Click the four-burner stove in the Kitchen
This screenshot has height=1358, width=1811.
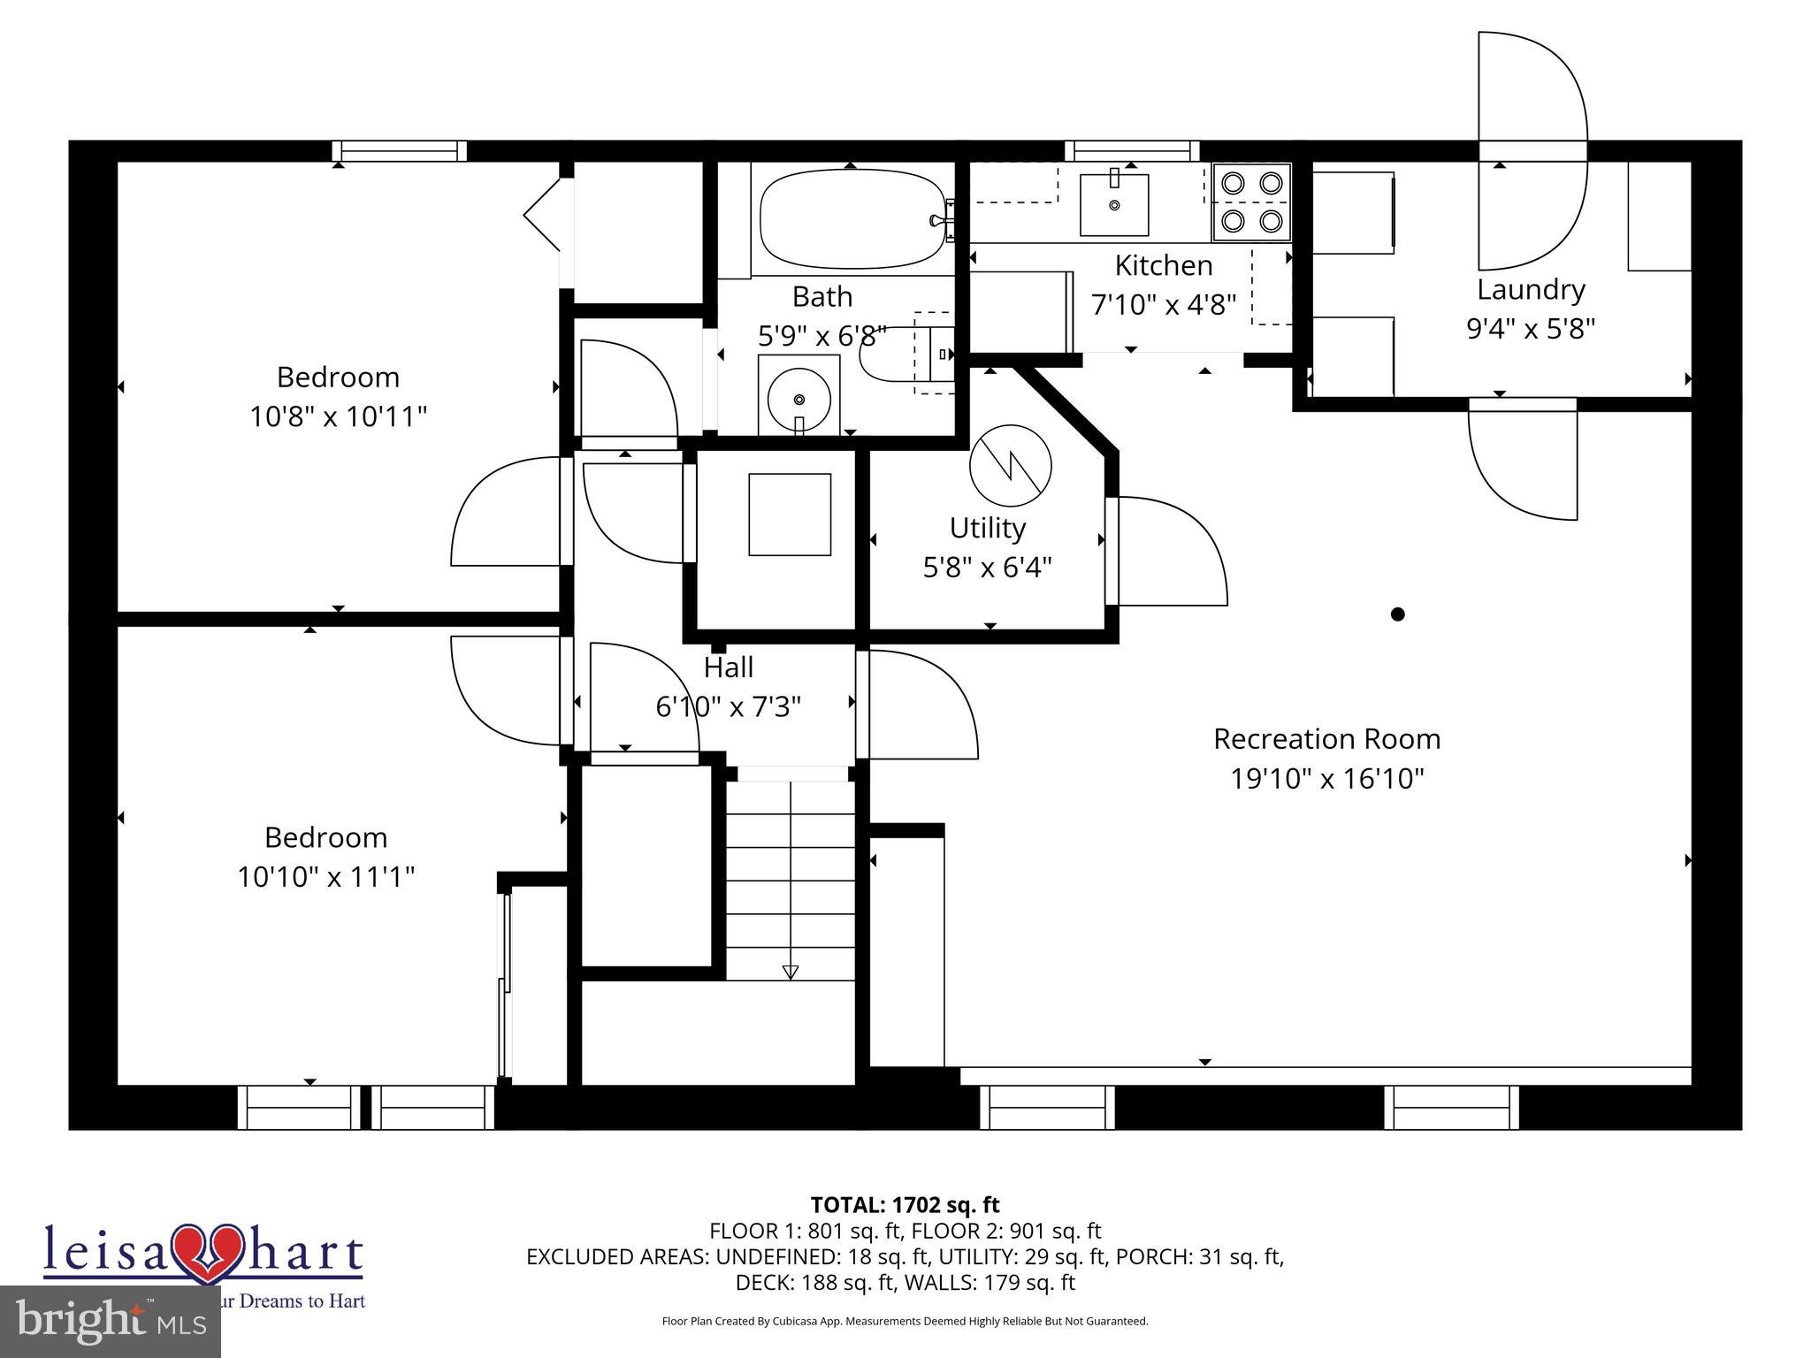1251,202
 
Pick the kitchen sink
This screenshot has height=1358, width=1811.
1114,204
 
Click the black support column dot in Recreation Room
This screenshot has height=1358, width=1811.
1397,614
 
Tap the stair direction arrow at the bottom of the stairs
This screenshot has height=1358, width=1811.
791,972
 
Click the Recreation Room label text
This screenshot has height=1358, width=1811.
1326,738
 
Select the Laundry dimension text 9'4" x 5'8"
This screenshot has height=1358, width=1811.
1531,329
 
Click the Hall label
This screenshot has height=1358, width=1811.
729,667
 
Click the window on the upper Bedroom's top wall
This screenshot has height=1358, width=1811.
400,152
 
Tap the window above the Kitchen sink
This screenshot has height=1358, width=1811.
1132,151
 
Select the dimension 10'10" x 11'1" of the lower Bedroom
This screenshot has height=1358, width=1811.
325,877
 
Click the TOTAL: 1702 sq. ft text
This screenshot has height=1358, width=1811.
905,1204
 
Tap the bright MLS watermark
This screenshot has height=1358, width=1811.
111,1322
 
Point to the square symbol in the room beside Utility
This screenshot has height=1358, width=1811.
790,515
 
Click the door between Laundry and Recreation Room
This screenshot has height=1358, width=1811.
1523,460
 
